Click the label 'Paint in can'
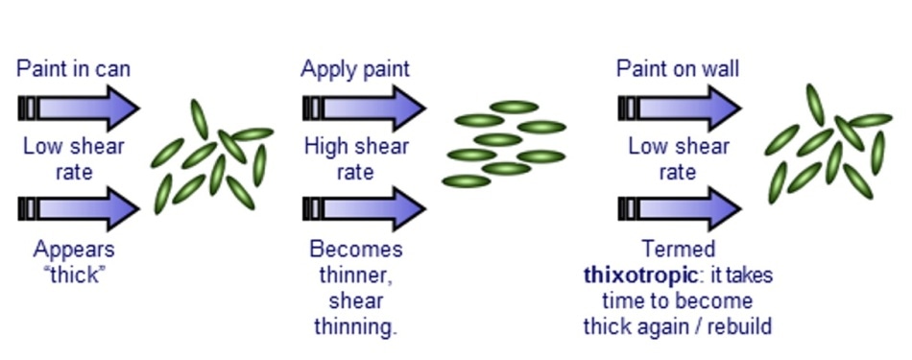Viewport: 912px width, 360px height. pos(74,69)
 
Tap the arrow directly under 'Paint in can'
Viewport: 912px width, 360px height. pos(80,107)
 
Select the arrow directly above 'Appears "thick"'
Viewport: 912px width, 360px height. pos(80,208)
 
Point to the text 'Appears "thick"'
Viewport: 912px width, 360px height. pos(74,261)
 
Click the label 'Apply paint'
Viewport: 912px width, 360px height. pos(355,69)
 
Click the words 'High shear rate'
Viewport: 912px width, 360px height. pos(356,158)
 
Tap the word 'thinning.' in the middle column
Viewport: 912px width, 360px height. pos(355,326)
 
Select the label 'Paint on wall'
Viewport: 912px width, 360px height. pos(678,69)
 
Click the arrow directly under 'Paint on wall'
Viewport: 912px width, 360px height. pos(680,107)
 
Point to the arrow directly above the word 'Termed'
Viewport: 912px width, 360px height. pos(680,208)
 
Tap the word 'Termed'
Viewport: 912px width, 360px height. pos(679,250)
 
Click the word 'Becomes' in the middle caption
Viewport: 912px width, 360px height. pos(356,250)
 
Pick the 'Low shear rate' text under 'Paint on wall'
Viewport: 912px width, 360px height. pos(679,158)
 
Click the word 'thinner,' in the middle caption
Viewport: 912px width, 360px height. pos(355,276)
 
